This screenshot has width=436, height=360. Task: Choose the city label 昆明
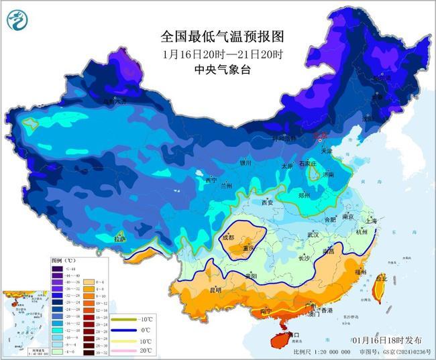(x=215, y=290)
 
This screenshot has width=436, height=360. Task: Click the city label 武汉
(x=313, y=235)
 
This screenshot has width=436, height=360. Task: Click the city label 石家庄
(x=307, y=163)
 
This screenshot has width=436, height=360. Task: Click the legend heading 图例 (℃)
(x=64, y=259)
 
